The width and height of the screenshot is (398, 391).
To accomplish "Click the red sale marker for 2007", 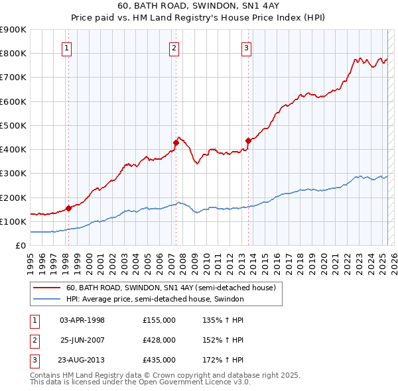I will pyautogui.click(x=176, y=142).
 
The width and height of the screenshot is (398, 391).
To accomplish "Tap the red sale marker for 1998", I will pyautogui.click(x=68, y=208).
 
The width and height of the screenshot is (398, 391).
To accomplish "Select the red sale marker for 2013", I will pyautogui.click(x=249, y=140).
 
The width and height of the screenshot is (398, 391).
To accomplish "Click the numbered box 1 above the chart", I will pyautogui.click(x=68, y=48).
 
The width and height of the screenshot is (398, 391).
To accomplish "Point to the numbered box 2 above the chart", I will pyautogui.click(x=174, y=48).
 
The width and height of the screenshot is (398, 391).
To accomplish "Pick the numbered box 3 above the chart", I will pyautogui.click(x=246, y=48).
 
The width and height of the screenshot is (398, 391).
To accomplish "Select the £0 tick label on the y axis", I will pyautogui.click(x=21, y=245).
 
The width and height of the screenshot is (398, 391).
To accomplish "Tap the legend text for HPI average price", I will pyautogui.click(x=155, y=299).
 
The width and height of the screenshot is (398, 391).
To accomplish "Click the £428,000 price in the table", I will pyautogui.click(x=159, y=340).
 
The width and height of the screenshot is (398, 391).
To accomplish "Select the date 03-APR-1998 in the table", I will pyautogui.click(x=82, y=320).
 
